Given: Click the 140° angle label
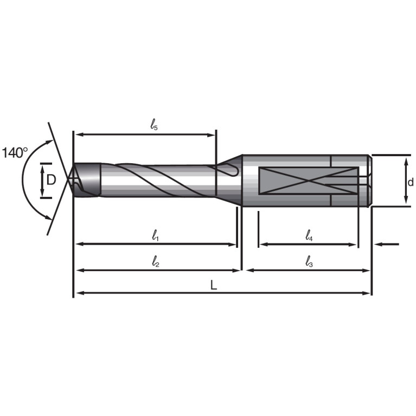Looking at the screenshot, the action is pyautogui.click(x=15, y=153).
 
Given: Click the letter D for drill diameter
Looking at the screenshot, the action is pyautogui.click(x=51, y=180).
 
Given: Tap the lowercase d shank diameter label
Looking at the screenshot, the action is pyautogui.click(x=411, y=182).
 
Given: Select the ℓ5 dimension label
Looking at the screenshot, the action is pyautogui.click(x=154, y=124).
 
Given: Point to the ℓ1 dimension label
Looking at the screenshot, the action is pyautogui.click(x=155, y=235).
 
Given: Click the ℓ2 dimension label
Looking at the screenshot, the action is pyautogui.click(x=156, y=261).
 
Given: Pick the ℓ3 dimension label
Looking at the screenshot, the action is pyautogui.click(x=309, y=261).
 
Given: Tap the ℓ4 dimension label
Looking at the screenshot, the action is pyautogui.click(x=309, y=235).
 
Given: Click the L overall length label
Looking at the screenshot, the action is pyautogui.click(x=214, y=285).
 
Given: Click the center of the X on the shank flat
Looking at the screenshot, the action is pyautogui.click(x=309, y=181).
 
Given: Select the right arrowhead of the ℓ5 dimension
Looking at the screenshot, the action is pyautogui.click(x=212, y=135).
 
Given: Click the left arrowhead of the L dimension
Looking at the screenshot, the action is pyautogui.click(x=80, y=293).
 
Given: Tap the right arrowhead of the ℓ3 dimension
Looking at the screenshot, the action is pyautogui.click(x=366, y=271).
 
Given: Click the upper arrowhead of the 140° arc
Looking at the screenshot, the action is pyautogui.click(x=49, y=142).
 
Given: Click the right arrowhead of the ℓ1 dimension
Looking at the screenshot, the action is pyautogui.click(x=232, y=245).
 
